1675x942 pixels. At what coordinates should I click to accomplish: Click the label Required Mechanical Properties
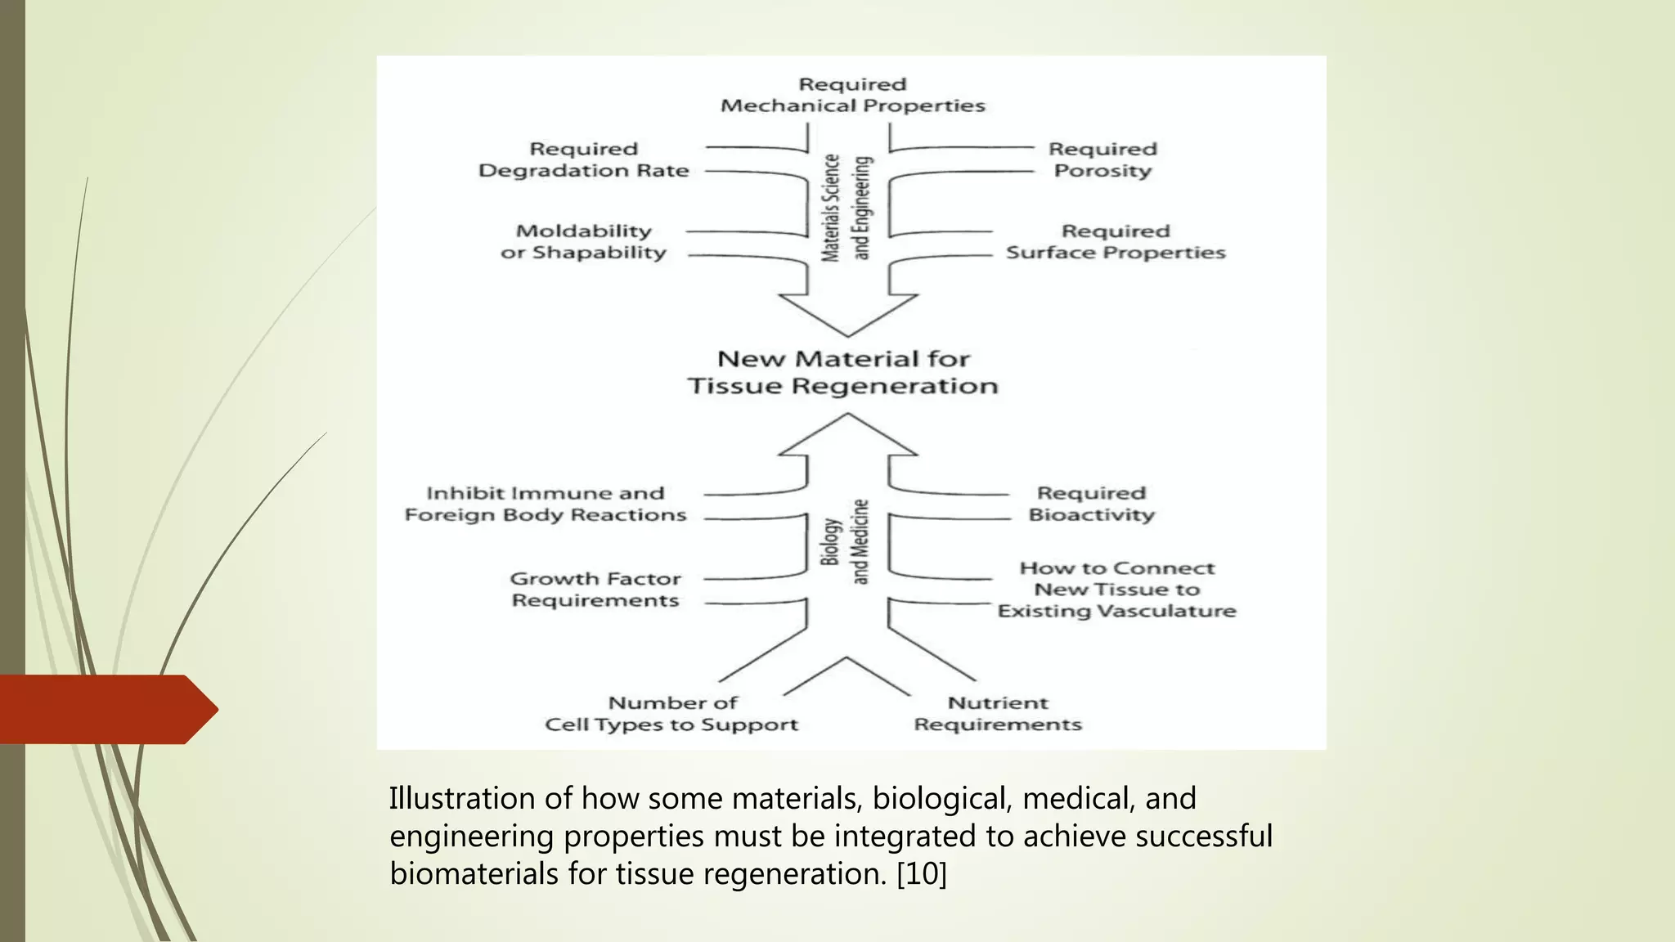click(852, 95)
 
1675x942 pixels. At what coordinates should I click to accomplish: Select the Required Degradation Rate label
click(583, 159)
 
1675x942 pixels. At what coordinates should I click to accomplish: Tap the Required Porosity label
click(1102, 159)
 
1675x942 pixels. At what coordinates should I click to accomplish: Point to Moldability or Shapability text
click(583, 241)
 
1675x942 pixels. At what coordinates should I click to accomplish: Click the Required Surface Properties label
click(1116, 241)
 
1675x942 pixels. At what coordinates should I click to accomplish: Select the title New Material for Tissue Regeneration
click(842, 372)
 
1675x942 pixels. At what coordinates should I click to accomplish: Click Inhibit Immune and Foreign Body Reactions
click(545, 504)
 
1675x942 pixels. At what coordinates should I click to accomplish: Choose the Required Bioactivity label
click(1091, 504)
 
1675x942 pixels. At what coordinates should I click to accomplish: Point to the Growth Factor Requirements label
click(595, 590)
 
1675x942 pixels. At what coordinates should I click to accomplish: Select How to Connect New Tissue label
click(1116, 590)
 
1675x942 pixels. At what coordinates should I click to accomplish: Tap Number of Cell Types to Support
click(671, 714)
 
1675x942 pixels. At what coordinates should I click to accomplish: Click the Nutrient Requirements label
click(997, 714)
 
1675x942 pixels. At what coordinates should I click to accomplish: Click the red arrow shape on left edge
click(106, 709)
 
